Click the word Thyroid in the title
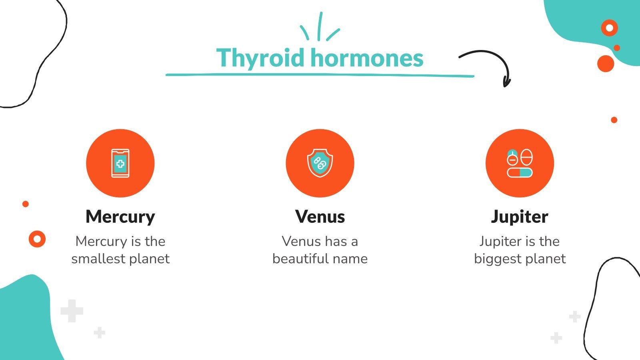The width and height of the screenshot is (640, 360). (261, 58)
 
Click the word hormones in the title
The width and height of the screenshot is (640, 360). (366, 58)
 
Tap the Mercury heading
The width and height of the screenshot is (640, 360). (120, 217)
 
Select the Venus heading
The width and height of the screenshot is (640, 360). (320, 217)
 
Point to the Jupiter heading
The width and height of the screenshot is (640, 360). (520, 217)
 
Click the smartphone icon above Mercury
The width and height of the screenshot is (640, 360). (120, 163)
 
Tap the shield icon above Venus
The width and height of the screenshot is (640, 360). (320, 163)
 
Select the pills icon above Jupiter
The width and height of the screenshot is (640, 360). (520, 163)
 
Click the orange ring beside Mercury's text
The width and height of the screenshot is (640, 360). (37, 239)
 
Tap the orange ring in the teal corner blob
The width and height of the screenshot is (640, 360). (609, 28)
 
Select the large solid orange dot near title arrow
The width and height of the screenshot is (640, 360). (605, 64)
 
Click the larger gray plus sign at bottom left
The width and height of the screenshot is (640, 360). (72, 311)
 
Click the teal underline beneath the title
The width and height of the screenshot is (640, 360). (320, 75)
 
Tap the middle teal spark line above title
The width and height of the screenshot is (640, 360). (320, 26)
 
